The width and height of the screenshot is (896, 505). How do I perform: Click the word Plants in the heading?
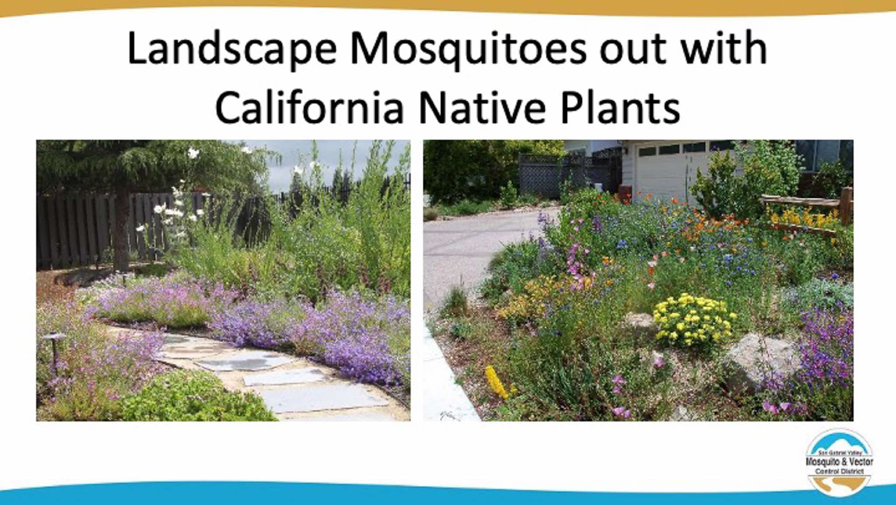[x=620, y=107]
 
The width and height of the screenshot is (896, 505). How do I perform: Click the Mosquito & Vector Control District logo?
[x=840, y=462]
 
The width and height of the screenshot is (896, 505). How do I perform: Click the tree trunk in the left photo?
[x=121, y=228]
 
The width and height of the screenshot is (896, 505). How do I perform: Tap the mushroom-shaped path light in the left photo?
[x=54, y=350]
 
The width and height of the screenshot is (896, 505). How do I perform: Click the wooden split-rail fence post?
[x=846, y=206]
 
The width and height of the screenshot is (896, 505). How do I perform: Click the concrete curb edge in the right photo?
[x=446, y=377]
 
